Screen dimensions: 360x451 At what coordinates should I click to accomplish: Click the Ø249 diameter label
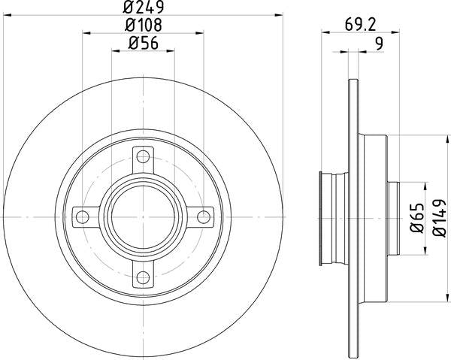pos(143,8)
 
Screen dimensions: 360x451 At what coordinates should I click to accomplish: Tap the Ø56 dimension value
pos(143,44)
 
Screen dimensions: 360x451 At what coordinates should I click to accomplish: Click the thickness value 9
pos(378,44)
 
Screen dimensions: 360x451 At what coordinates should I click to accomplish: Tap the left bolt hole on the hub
pos(82,218)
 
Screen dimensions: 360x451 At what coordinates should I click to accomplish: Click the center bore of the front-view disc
pos(143,218)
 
